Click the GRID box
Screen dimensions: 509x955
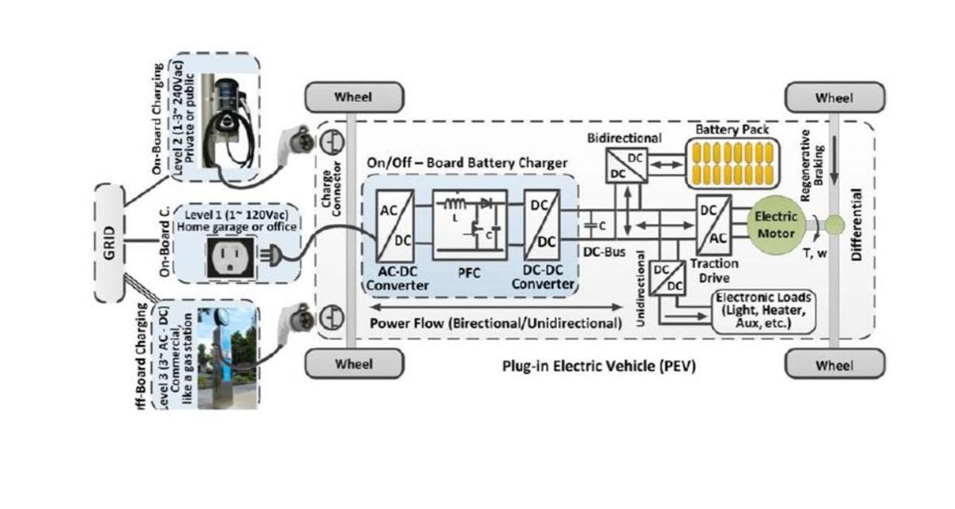pyautogui.click(x=110, y=243)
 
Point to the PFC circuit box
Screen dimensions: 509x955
pyautogui.click(x=470, y=226)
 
